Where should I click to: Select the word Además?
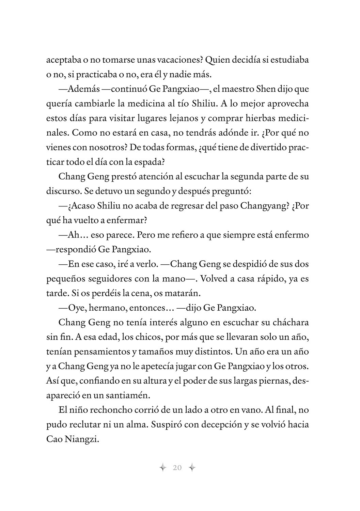coord(83,89)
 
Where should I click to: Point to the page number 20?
coord(177,468)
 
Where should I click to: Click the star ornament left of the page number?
coord(163,468)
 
